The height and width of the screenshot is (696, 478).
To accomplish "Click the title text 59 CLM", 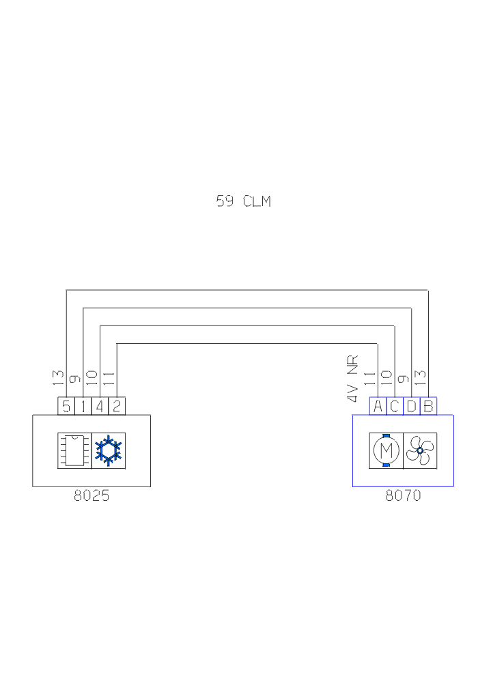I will click(x=243, y=201).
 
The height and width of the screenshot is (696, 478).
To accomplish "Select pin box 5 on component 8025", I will click(x=66, y=407).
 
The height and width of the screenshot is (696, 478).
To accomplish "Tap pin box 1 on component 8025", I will click(x=83, y=407).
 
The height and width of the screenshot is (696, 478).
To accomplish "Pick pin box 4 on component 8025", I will click(x=100, y=407).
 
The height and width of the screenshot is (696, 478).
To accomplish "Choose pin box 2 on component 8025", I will click(x=117, y=407).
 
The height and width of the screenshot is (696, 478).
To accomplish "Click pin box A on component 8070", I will click(x=378, y=407).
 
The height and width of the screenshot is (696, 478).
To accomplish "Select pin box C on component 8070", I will click(x=395, y=407).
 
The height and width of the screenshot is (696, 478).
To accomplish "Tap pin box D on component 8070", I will click(x=411, y=407).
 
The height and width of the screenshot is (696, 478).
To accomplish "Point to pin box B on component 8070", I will click(x=428, y=407).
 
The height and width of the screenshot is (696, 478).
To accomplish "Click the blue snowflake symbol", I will click(x=108, y=450).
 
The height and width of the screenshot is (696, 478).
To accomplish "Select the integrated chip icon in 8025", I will click(x=74, y=450).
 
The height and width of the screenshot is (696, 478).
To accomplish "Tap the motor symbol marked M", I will click(x=386, y=450).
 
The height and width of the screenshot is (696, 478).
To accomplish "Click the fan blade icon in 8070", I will click(x=420, y=450).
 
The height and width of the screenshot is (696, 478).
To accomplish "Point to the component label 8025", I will click(x=92, y=496).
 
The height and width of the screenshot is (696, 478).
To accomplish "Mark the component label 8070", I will click(x=403, y=496).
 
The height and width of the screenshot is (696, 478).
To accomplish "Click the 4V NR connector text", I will click(x=353, y=379).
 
